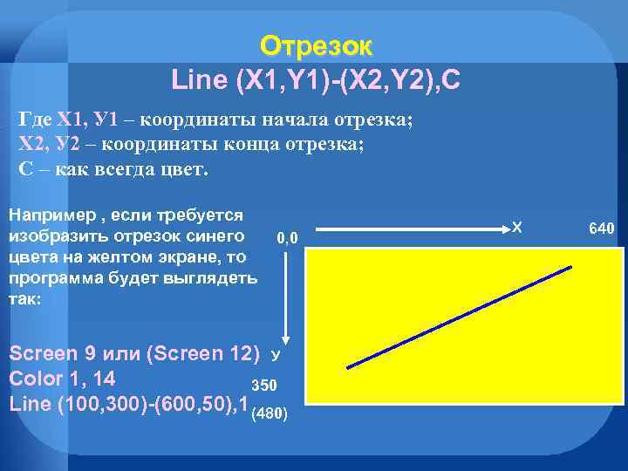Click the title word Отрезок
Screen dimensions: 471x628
[x=316, y=45]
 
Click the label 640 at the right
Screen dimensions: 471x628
[x=602, y=229]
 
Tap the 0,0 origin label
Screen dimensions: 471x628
[x=287, y=237]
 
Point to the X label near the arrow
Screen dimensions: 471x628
[x=516, y=228]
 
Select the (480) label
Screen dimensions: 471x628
[x=270, y=413]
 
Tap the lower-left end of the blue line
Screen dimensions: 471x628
[x=348, y=368]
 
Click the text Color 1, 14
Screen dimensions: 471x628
[x=62, y=379]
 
